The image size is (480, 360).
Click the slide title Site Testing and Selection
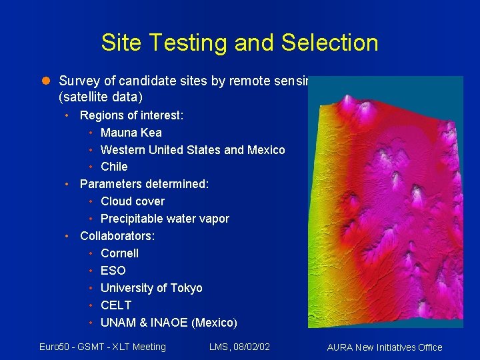pos(239,43)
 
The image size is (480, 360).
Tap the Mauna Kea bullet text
pos(131,132)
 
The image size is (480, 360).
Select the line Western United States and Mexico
pos(192,149)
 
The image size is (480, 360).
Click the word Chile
pos(114,167)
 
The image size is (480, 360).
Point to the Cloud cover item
pos(132,201)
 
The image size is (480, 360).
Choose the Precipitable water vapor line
pos(165,219)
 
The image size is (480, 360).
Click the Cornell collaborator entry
pos(119,253)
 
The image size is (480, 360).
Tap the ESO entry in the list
pos(113,271)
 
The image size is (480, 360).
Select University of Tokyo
pos(151,288)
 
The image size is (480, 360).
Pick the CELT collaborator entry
pos(116,305)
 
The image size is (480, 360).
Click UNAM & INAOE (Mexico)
pos(169,323)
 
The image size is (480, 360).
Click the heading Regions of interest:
pos(131,115)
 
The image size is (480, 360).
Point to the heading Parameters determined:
pos(144,184)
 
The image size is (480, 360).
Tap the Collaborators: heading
pos(117,236)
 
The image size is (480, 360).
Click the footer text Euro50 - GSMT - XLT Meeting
pos(103,346)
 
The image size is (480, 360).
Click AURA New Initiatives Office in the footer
pos(385,347)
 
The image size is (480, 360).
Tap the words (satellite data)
pos(100,97)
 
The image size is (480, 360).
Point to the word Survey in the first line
pos(77,81)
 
